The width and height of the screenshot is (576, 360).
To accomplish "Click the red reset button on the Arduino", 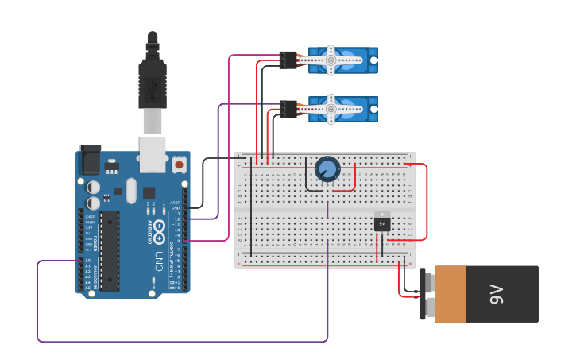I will click(x=180, y=165).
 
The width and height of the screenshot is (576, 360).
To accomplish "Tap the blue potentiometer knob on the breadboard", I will click(x=327, y=169).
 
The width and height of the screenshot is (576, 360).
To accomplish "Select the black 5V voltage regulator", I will click(x=382, y=224).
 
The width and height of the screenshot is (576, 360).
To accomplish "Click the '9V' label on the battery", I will click(x=497, y=294).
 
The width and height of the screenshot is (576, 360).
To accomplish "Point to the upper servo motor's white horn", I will click(x=331, y=60).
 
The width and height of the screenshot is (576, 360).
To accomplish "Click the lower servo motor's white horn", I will click(x=331, y=109).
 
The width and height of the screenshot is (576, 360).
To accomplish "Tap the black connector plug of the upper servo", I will click(x=288, y=60).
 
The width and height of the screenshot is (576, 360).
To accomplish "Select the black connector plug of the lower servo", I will click(x=288, y=109).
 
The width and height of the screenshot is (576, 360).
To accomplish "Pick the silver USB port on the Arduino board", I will click(x=153, y=153).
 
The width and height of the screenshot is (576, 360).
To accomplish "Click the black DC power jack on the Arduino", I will click(x=89, y=162).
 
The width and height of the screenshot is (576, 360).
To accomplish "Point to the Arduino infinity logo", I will click(x=159, y=232).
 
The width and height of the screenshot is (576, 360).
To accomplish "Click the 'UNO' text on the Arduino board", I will click(x=159, y=260).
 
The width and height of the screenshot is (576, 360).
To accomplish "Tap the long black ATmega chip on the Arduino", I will click(x=110, y=250).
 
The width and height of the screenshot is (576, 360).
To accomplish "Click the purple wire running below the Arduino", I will click(x=183, y=342).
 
